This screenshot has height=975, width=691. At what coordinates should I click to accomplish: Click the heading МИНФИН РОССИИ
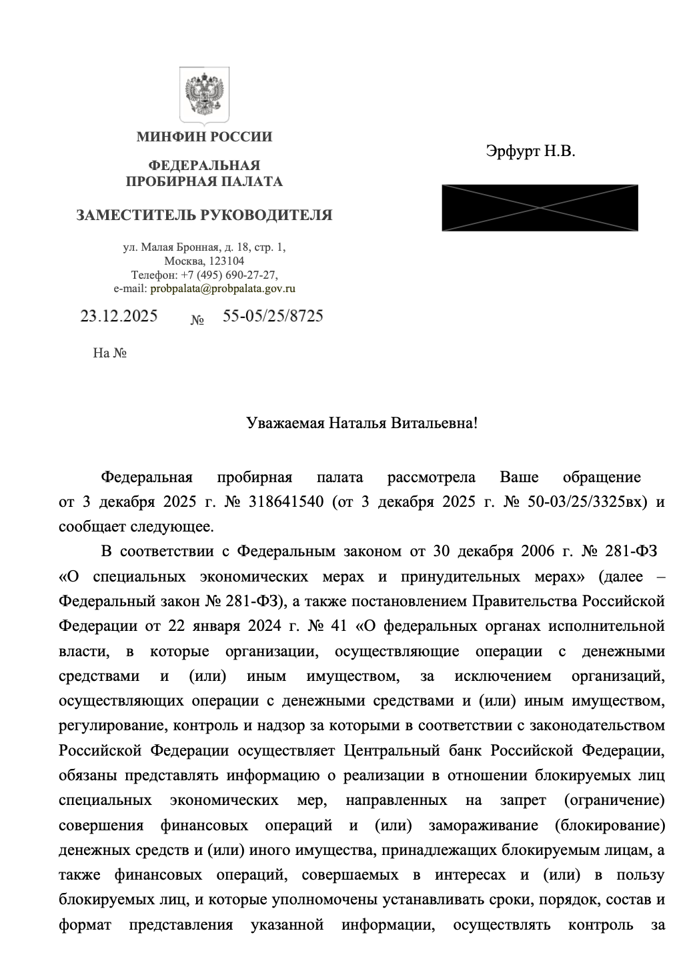click(x=204, y=137)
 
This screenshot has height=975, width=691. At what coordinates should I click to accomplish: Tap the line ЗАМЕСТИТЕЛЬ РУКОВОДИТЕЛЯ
click(x=204, y=215)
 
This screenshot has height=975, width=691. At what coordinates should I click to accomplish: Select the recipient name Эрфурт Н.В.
click(x=530, y=151)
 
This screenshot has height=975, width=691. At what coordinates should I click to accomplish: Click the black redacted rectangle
click(x=540, y=207)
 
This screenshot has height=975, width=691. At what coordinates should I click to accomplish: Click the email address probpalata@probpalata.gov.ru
click(x=223, y=289)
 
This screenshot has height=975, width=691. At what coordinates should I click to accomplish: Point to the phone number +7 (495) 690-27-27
click(x=229, y=275)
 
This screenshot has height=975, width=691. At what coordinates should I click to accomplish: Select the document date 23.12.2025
click(x=119, y=316)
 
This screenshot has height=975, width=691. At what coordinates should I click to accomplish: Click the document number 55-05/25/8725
click(x=272, y=316)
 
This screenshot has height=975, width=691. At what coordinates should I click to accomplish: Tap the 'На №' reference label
click(x=110, y=353)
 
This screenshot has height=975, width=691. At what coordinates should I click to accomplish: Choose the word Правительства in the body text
click(x=525, y=601)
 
